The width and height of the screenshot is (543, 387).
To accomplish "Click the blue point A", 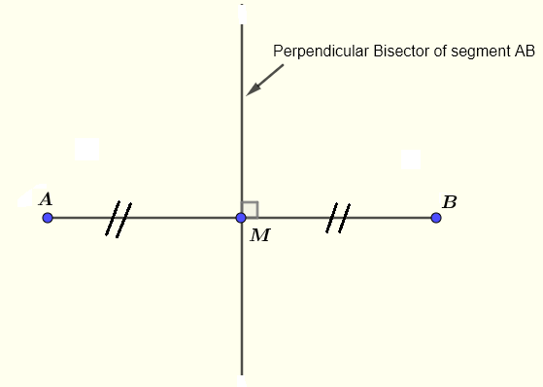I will [x=48, y=218].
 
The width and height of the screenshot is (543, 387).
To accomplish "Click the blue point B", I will [x=436, y=218].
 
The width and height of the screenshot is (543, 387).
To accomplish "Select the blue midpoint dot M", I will [x=241, y=218].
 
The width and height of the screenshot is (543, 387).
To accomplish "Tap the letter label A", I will [x=45, y=199].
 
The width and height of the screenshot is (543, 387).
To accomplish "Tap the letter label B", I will [x=449, y=201].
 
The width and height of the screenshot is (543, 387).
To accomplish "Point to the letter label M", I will [x=259, y=235].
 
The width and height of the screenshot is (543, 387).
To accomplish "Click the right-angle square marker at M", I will [x=251, y=209].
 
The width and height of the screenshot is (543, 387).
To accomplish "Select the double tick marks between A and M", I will [x=119, y=219].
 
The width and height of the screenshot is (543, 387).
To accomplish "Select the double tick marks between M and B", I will [x=336, y=219].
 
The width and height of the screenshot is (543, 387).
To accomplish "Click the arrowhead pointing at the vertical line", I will [x=251, y=90].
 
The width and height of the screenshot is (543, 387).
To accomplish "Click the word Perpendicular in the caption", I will [x=314, y=51].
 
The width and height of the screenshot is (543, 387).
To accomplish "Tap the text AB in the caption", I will [x=526, y=51].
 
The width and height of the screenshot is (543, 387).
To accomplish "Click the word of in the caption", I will [x=424, y=51].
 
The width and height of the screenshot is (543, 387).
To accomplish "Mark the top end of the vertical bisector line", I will [x=241, y=16].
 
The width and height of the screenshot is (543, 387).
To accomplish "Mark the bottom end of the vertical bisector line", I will [x=241, y=375].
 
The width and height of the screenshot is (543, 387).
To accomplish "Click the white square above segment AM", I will [x=86, y=149].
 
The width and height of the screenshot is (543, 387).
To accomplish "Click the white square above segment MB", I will [x=411, y=159].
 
